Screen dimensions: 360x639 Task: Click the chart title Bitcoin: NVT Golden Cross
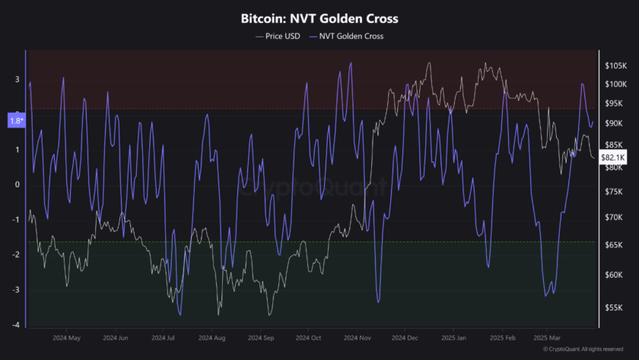click(319, 18)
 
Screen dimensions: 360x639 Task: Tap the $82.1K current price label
click(612, 157)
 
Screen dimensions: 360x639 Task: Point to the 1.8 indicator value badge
click(15, 119)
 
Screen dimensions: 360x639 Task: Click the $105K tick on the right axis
click(615, 65)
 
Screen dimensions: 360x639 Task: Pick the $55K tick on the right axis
click(613, 307)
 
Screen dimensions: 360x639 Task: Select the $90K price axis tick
click(613, 123)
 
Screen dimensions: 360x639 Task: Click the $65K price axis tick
click(613, 245)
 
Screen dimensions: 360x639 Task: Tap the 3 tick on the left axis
click(17, 79)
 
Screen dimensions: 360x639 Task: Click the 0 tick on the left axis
click(17, 184)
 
